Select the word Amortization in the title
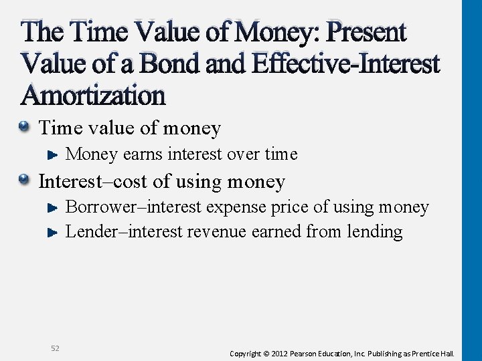click(x=93, y=96)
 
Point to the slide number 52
click(x=55, y=348)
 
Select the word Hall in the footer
click(x=447, y=353)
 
